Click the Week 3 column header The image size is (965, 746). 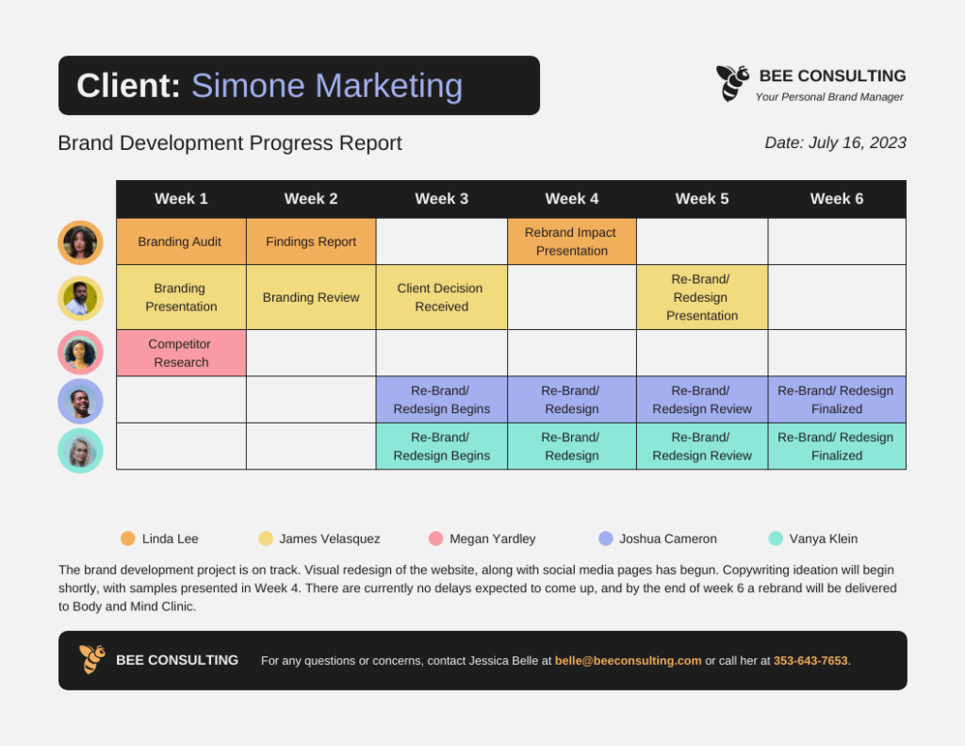click(x=441, y=199)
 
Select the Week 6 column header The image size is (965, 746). click(x=836, y=199)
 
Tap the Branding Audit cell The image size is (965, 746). click(x=180, y=241)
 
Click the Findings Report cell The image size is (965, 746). click(x=311, y=241)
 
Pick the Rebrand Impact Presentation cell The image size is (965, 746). click(x=571, y=241)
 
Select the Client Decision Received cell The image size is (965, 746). click(x=441, y=297)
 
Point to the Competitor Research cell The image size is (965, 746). click(x=180, y=353)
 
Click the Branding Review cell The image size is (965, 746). click(x=311, y=297)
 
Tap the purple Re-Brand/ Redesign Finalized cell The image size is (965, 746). click(x=837, y=400)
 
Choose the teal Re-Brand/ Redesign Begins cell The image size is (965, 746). click(x=441, y=446)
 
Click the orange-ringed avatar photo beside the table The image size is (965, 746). click(x=80, y=242)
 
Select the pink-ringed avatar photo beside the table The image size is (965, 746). click(x=80, y=353)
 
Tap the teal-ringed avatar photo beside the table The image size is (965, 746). click(x=80, y=451)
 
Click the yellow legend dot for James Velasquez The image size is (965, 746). click(x=266, y=539)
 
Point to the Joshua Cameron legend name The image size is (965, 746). click(x=668, y=539)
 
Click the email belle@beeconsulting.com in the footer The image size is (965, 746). click(x=628, y=660)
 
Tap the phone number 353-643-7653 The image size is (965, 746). click(x=810, y=660)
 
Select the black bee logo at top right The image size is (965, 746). click(x=732, y=82)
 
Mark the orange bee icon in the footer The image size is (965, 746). click(x=91, y=659)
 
